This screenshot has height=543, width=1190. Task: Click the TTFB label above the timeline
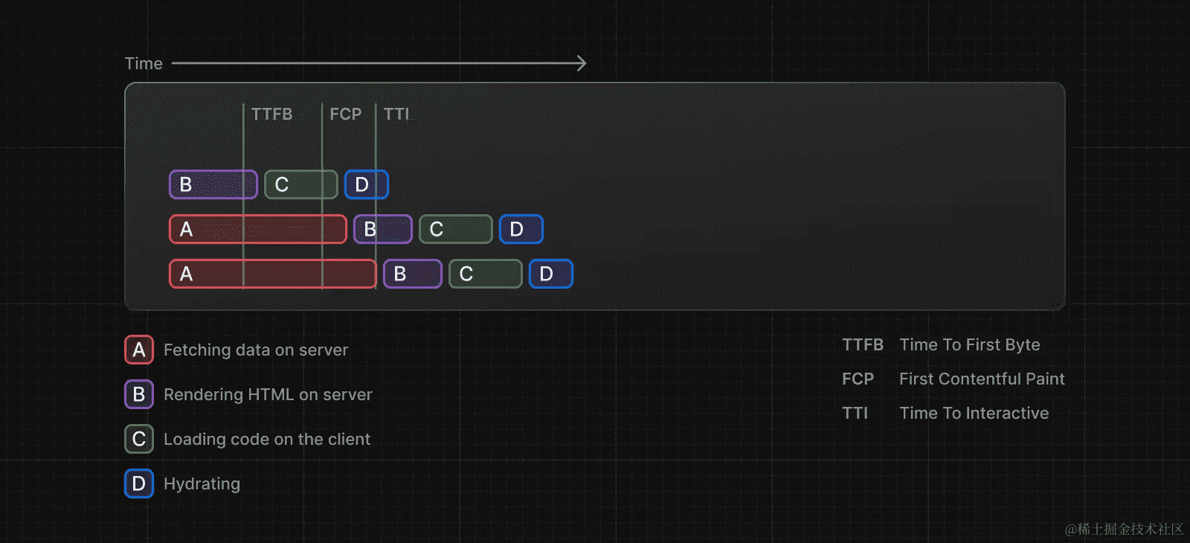[271, 114]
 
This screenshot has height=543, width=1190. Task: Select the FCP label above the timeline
[346, 114]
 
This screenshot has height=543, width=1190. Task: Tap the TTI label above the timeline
[396, 114]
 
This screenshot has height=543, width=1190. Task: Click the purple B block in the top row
[213, 184]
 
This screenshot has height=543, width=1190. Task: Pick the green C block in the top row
[301, 184]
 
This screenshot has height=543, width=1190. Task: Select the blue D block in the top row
[367, 184]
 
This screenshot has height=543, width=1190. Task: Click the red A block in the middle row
[258, 229]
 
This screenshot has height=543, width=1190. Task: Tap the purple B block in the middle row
[383, 229]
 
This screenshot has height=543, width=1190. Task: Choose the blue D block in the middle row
[521, 229]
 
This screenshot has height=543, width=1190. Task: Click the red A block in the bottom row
[273, 274]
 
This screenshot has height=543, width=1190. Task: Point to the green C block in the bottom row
[486, 274]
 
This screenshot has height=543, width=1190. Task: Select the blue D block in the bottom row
[551, 274]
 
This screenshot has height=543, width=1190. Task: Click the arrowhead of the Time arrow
[582, 63]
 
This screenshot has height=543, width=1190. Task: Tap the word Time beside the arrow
[144, 64]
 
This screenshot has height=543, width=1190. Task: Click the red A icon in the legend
[139, 350]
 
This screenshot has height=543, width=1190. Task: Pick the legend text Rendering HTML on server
[268, 394]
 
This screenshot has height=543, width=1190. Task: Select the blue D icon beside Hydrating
[139, 483]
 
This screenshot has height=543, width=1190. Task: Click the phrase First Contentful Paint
[982, 379]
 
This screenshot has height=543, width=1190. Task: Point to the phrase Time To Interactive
[974, 413]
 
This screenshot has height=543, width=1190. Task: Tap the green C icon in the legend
[139, 439]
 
